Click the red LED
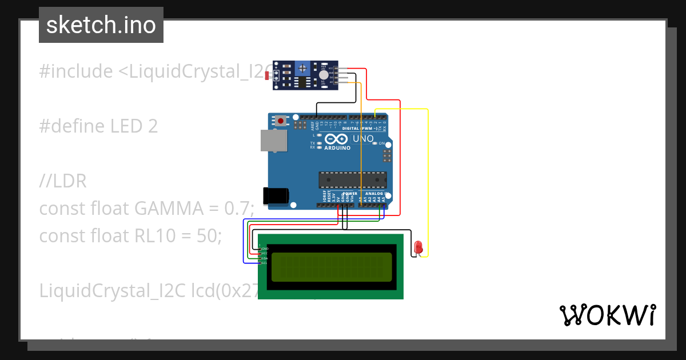click(x=418, y=247)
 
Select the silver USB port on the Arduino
click(x=273, y=141)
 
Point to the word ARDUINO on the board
click(x=337, y=147)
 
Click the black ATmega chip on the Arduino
click(x=352, y=179)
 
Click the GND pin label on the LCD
click(x=264, y=249)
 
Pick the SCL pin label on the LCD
click(x=264, y=263)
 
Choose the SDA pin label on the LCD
click(x=264, y=258)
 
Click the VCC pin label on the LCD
click(x=264, y=253)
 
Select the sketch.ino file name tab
click(x=101, y=25)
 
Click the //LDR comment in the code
click(x=63, y=181)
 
